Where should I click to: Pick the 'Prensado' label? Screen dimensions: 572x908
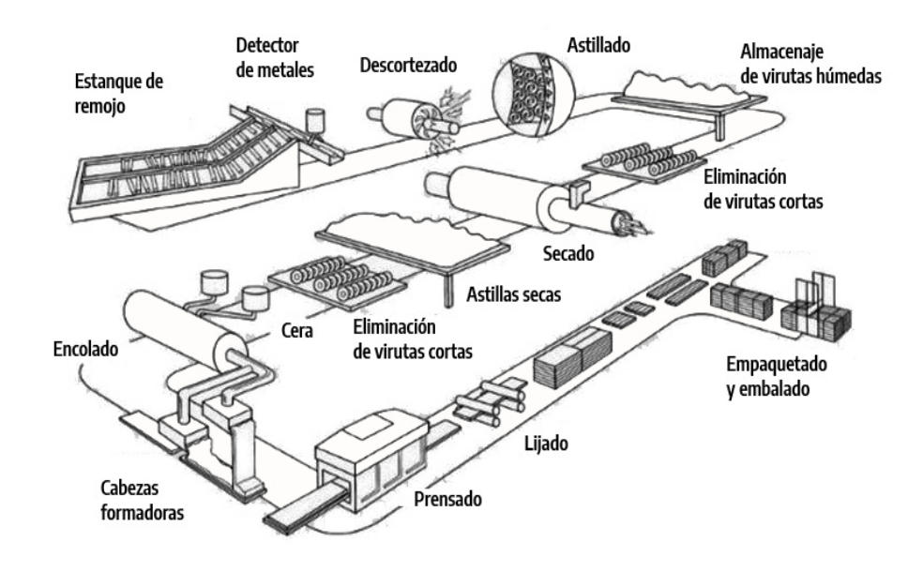[x=447, y=499]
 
